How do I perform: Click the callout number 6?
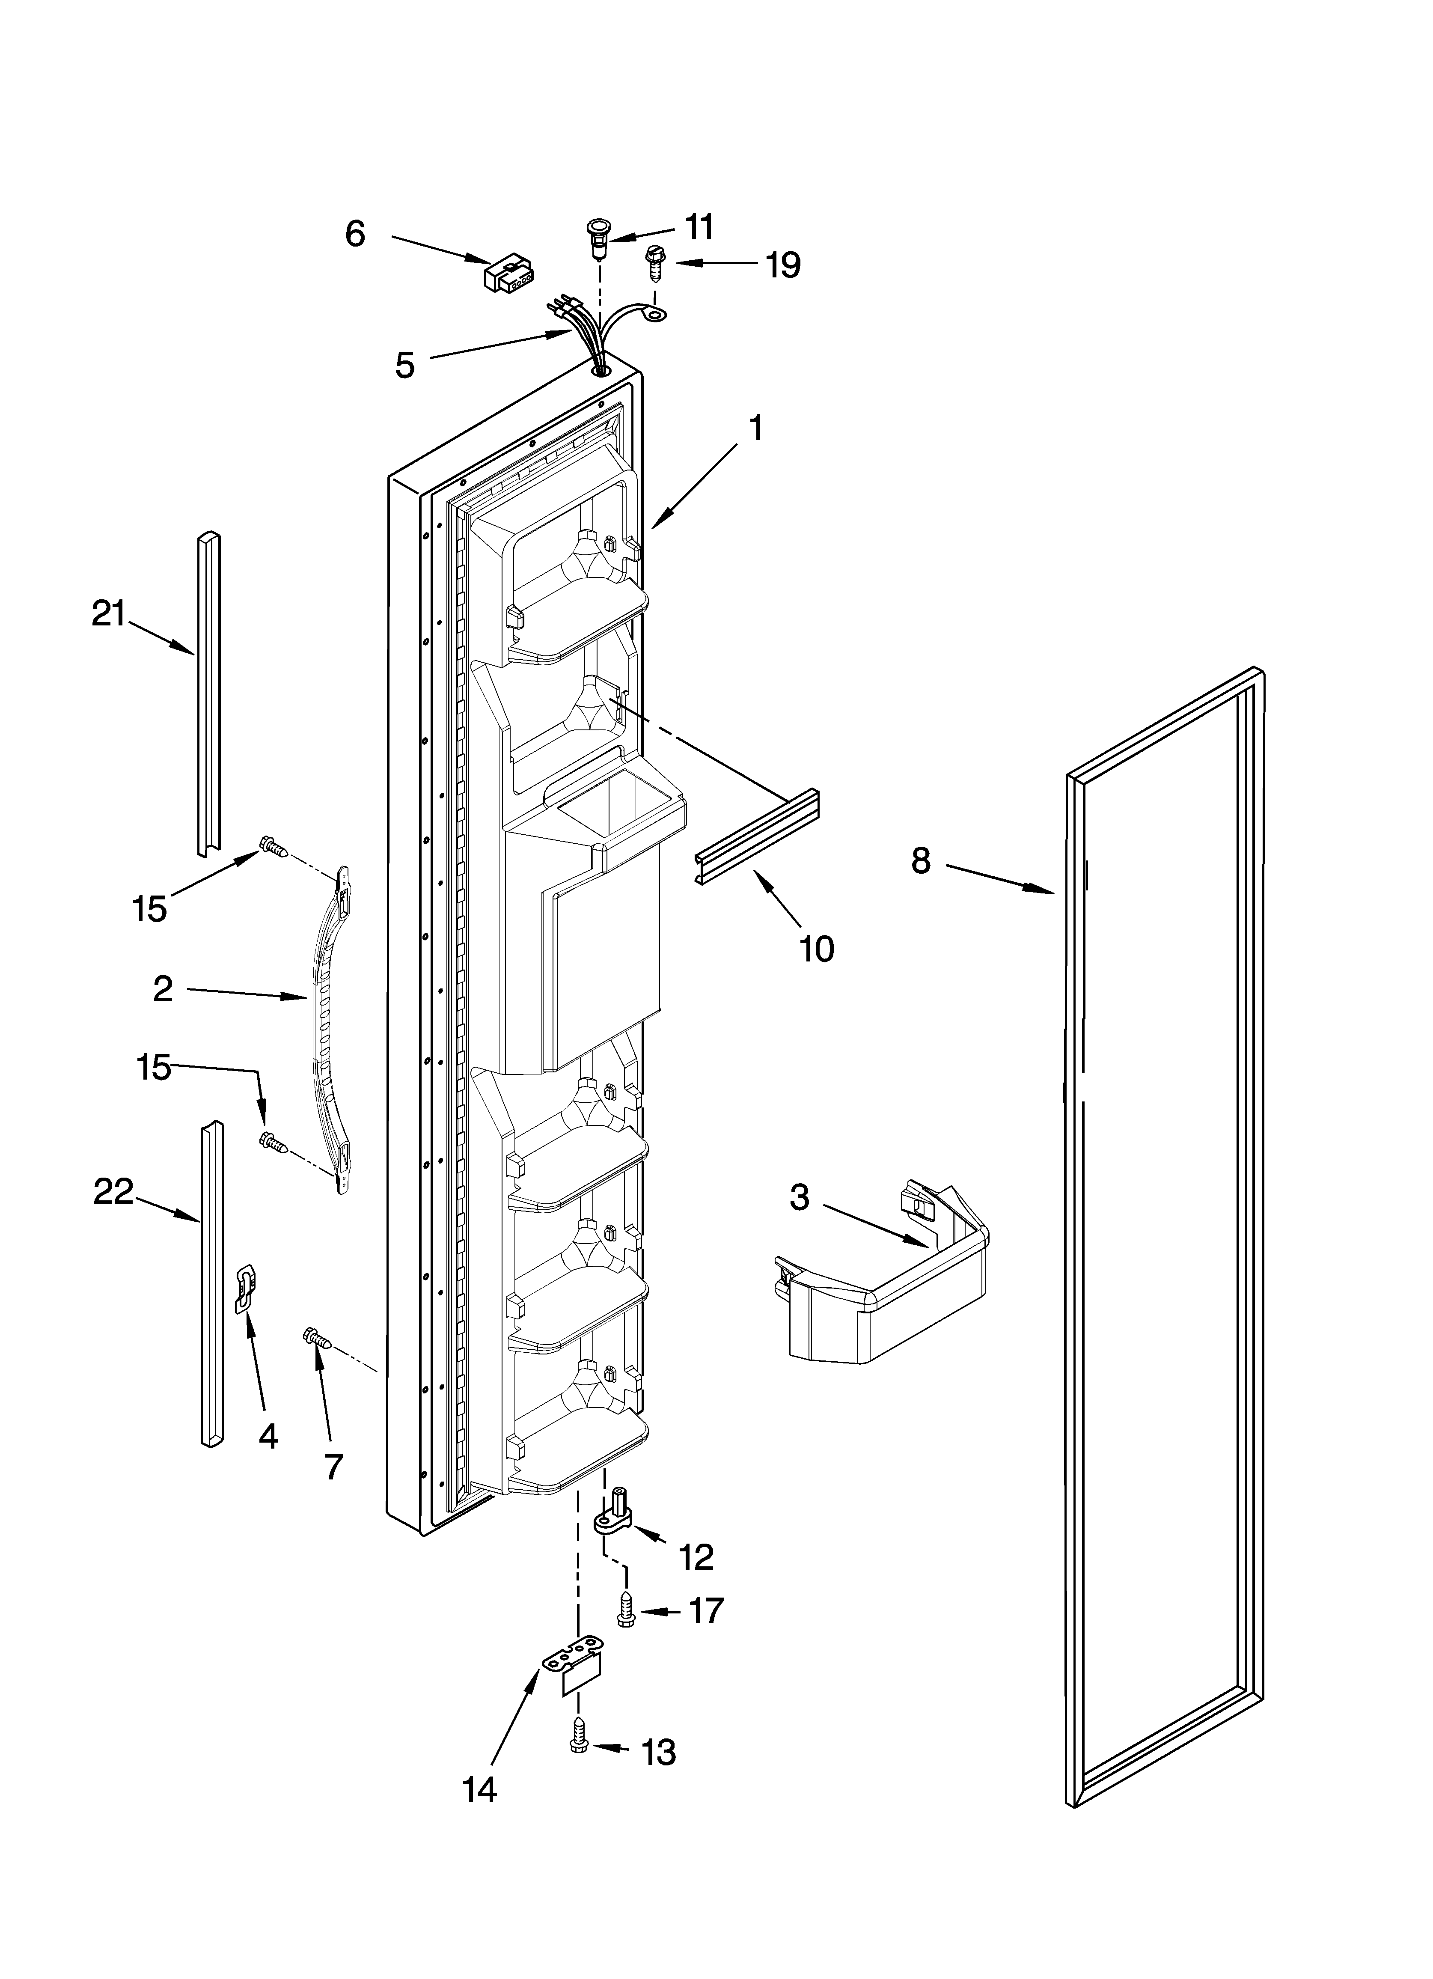pos(355,234)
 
